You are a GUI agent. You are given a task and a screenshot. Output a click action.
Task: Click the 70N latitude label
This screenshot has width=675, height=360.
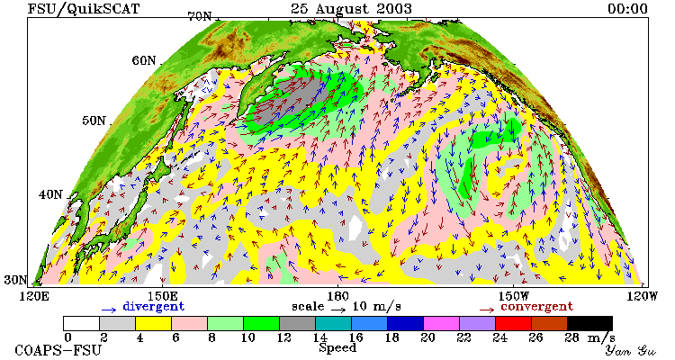[200, 16]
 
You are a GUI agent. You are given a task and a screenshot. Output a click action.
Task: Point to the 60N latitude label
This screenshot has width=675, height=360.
[144, 60]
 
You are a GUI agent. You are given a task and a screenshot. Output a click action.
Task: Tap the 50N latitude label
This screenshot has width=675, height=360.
[94, 121]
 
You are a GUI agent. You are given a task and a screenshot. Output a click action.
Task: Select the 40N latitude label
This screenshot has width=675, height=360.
[50, 194]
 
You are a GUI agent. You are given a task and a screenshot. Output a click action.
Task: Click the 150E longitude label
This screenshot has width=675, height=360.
[162, 296]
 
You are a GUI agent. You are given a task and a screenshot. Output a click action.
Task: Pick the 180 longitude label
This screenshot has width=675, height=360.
[337, 296]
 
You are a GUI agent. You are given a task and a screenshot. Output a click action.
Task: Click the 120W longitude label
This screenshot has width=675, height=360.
[640, 296]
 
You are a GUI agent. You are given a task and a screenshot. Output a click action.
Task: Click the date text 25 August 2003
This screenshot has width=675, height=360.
[351, 9]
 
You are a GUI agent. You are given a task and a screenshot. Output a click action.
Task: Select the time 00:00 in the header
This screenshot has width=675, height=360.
[627, 9]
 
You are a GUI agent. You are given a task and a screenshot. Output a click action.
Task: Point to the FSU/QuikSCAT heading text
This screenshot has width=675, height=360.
[84, 9]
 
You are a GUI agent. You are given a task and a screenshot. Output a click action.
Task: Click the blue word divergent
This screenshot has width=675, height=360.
[154, 307]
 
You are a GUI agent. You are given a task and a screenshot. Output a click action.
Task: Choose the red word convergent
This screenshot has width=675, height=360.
[536, 307]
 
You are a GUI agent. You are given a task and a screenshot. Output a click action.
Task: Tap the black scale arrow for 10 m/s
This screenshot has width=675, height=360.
[338, 310]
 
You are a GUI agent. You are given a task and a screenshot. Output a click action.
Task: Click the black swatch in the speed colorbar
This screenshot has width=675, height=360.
[589, 323]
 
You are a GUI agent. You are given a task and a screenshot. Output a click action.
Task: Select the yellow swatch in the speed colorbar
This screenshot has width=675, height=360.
[153, 323]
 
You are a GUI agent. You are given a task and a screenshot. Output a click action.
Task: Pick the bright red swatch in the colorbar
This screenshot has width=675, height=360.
[513, 323]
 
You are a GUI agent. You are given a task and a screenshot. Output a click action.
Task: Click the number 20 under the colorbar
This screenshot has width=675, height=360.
[427, 337]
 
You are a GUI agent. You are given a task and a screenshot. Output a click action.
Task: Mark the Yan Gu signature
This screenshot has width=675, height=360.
[630, 350]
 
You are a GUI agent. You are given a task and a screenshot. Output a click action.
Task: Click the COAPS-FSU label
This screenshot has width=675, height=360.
[58, 350]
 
